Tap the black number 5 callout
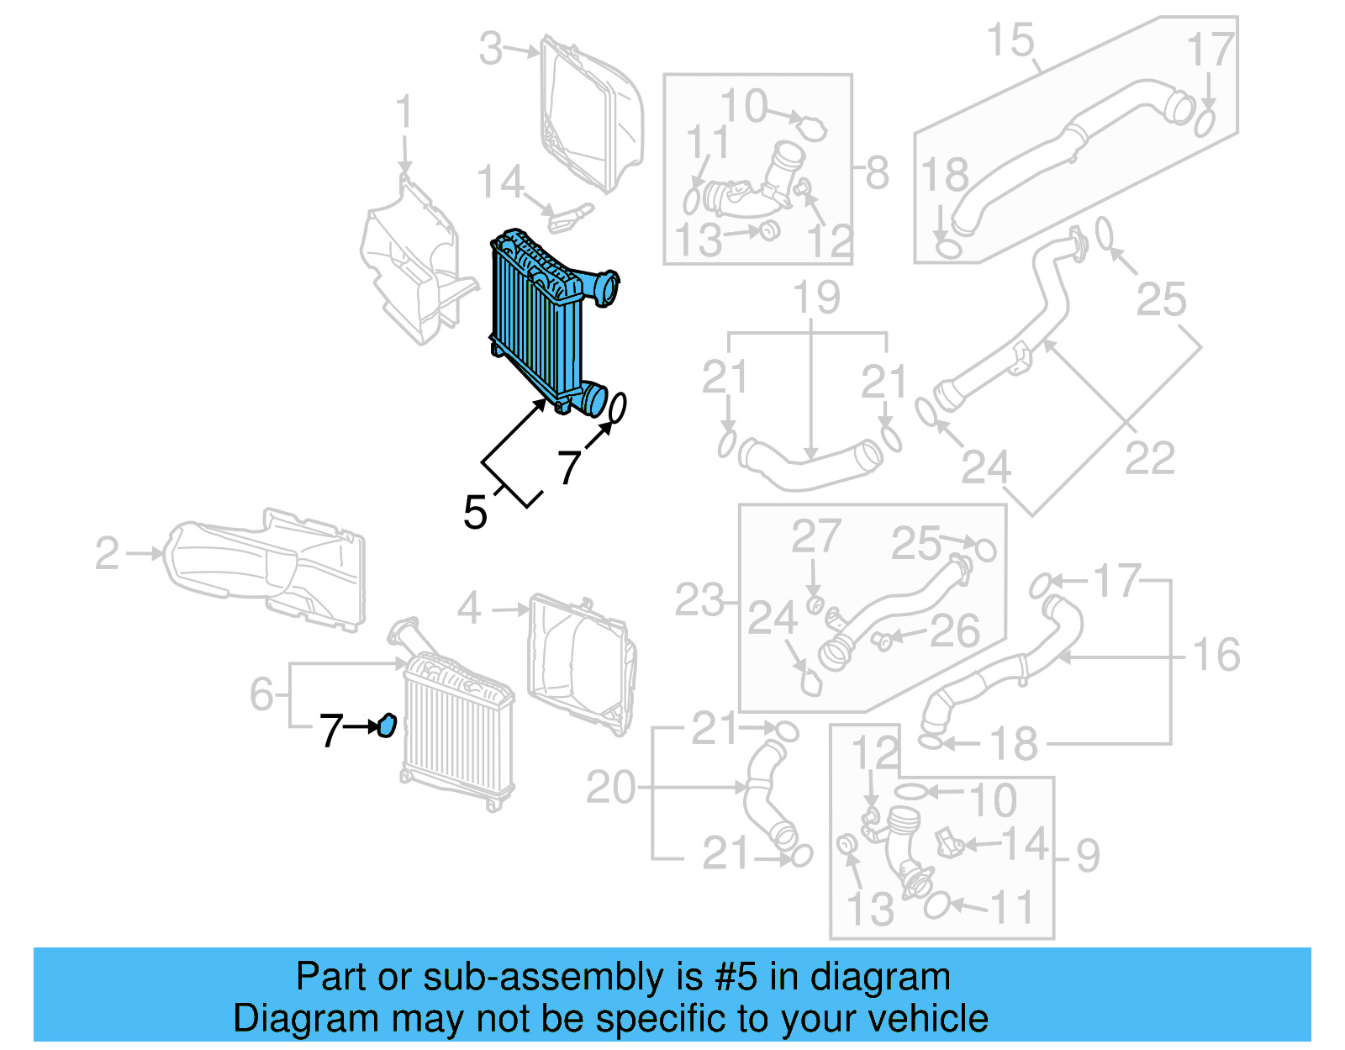click(475, 512)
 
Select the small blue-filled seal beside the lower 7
click(387, 725)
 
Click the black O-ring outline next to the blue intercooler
click(616, 408)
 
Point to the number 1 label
click(404, 112)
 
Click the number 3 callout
click(491, 49)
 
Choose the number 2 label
click(108, 553)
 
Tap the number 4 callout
click(469, 608)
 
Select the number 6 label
click(261, 694)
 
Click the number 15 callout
click(1010, 40)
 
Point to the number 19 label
click(816, 297)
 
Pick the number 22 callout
click(1149, 458)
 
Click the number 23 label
click(699, 600)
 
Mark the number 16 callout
click(1216, 654)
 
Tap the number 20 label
click(610, 788)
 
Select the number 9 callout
click(1087, 855)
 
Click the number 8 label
click(877, 172)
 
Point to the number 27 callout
click(815, 536)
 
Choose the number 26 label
click(955, 631)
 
